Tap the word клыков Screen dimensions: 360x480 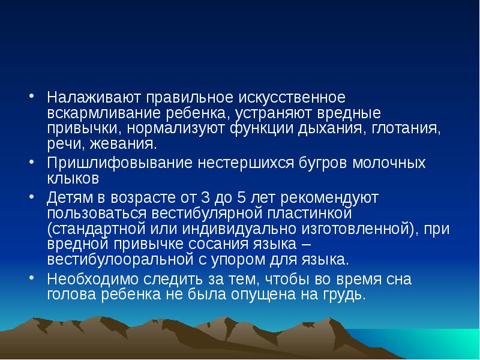click(x=73, y=179)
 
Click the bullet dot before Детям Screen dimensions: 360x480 click(x=33, y=197)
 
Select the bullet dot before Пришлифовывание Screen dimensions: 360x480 click(x=33, y=163)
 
